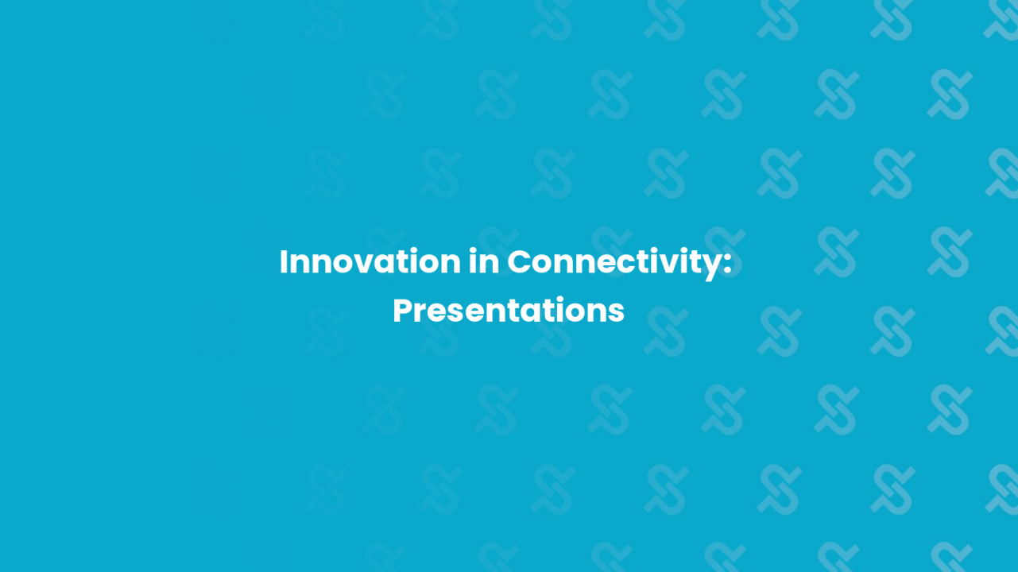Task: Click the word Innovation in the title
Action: point(370,262)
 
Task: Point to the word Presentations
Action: point(509,311)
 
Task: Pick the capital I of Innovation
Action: point(284,262)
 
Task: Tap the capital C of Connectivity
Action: point(520,262)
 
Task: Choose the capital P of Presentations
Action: point(402,311)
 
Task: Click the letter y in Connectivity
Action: point(710,267)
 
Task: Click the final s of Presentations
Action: point(617,313)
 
